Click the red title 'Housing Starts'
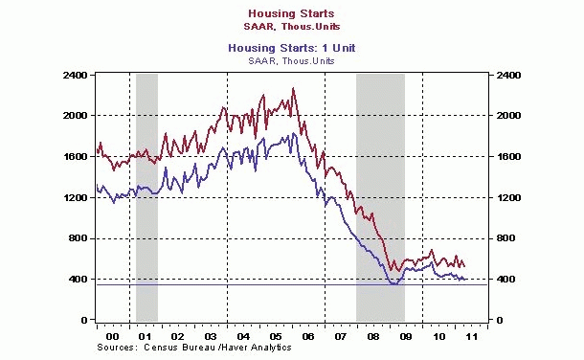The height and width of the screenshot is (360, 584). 291,12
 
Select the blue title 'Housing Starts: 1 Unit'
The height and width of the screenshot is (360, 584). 291,48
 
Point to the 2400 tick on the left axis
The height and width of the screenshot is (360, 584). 76,75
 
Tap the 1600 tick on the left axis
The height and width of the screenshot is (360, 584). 76,157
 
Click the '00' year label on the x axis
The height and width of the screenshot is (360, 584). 112,338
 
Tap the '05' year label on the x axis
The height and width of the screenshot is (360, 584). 276,338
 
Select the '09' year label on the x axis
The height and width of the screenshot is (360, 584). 407,338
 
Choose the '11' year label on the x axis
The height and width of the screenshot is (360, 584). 472,338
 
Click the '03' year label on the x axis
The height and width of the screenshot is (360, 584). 211,338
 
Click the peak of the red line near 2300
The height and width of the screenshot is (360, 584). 293,89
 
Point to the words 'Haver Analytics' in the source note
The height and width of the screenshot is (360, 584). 209,349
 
